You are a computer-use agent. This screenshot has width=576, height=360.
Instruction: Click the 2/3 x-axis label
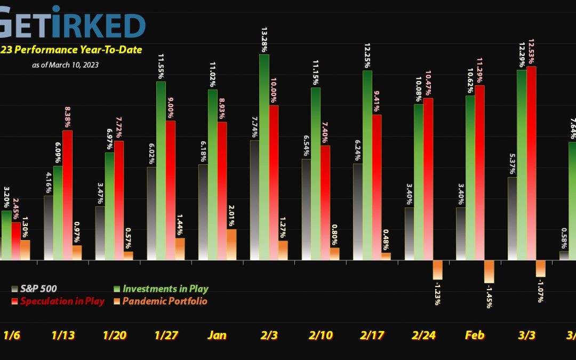(268, 335)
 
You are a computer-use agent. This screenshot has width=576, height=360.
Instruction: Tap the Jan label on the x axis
(217, 335)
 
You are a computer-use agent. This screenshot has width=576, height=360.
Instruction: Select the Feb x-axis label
(475, 335)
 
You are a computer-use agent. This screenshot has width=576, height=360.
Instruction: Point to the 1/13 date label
(62, 335)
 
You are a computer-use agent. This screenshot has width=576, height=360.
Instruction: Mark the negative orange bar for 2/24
(438, 270)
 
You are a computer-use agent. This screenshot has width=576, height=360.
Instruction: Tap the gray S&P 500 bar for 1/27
(151, 213)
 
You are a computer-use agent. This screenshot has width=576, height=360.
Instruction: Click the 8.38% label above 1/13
(67, 115)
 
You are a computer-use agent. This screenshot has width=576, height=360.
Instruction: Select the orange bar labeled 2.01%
(231, 245)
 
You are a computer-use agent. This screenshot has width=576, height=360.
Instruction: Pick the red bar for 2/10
(325, 203)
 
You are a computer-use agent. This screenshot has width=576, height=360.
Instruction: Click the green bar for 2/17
(367, 165)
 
